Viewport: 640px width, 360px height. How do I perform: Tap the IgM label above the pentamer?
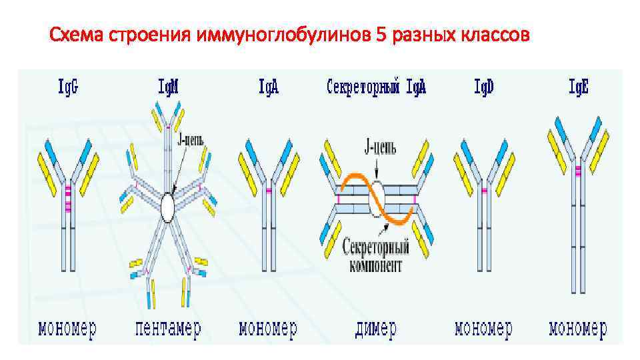pos(172,87)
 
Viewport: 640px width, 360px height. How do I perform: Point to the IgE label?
pos(578,87)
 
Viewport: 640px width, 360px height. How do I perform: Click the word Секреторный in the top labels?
pos(363,87)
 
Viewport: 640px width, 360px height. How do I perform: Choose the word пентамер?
pos(167,329)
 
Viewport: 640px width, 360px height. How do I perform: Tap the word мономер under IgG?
pos(67,329)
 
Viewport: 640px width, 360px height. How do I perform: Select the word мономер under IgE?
pos(577,329)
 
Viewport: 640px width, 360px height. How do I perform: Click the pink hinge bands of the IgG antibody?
pos(67,200)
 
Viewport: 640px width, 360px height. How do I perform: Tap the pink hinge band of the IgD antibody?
pos(484,191)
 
